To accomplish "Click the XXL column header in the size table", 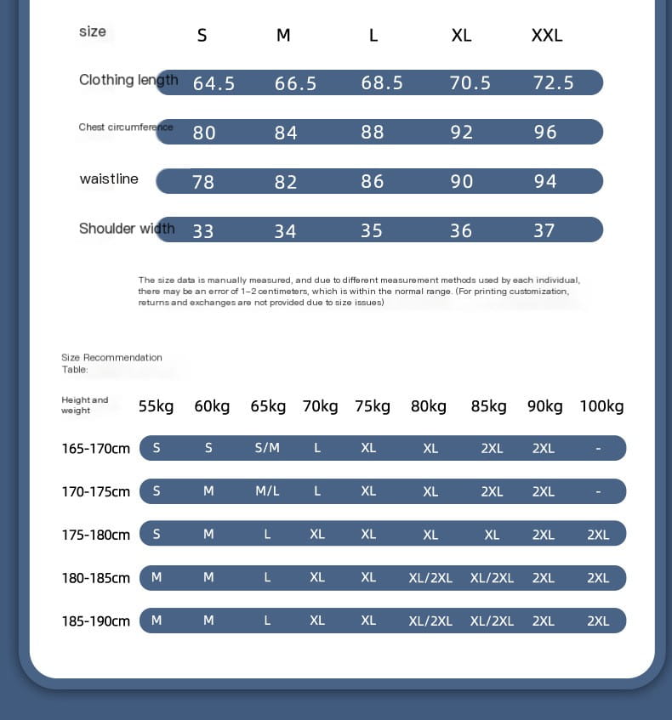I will coord(547,35).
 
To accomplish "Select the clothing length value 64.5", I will coord(214,83).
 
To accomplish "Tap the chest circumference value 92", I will coord(461,133).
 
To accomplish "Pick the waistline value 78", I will coord(203,182).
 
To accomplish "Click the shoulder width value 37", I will coord(544,230).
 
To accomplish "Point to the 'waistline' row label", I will coord(109,179).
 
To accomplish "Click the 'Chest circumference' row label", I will coord(125,128).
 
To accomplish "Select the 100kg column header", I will coord(601,406).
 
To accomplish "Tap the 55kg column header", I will coord(157,406).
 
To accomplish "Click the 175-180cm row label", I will coord(95,535).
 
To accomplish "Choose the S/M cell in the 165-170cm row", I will coord(267,448).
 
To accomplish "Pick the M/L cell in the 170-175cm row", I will coord(267,491).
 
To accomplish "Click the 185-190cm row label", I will coord(95,621).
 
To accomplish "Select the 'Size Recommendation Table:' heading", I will coord(111,363).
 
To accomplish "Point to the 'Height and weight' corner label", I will coord(85,405).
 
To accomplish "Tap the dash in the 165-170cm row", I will coord(598,448).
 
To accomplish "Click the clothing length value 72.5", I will coord(554,83).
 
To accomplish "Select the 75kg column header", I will coord(373,406).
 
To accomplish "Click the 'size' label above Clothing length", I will coord(93,31).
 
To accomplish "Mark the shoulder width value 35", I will coord(372,230).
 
